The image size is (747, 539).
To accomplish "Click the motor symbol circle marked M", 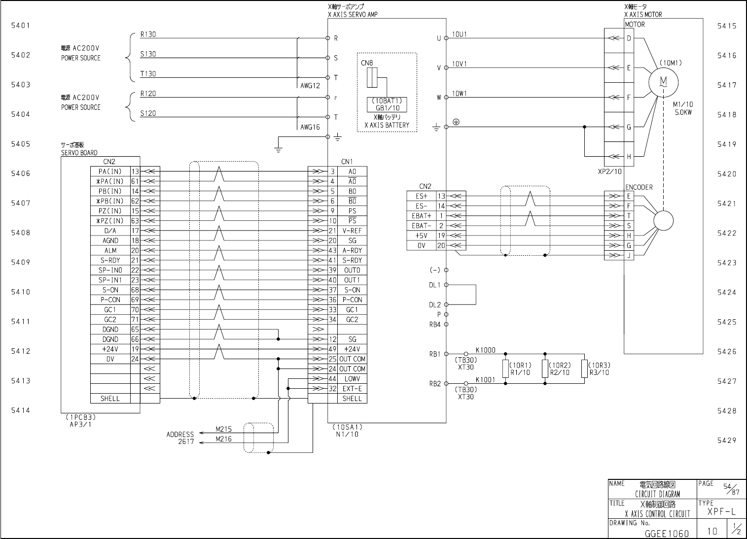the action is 663,82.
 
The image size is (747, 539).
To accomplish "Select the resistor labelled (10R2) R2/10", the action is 545,369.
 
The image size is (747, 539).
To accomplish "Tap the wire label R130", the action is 148,34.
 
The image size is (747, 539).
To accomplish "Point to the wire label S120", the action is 148,113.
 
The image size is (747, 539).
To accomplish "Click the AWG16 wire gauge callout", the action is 310,127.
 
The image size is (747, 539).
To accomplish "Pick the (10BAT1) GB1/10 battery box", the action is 387,104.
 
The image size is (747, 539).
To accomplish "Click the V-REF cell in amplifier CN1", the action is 352,231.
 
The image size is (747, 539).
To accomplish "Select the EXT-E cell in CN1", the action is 352,388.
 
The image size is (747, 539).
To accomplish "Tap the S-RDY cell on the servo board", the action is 110,260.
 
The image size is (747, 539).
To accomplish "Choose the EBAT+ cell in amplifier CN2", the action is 422,216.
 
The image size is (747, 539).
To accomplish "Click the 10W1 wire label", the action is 460,94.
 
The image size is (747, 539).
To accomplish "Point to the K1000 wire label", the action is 486,350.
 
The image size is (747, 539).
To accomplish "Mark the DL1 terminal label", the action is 434,285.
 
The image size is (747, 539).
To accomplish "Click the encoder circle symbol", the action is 663,221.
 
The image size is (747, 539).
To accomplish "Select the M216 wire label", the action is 223,439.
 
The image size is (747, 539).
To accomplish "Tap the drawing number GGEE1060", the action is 667,534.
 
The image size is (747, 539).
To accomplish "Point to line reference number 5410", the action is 21,292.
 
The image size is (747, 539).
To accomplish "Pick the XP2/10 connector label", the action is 610,171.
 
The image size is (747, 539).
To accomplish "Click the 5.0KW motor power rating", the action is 683,112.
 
